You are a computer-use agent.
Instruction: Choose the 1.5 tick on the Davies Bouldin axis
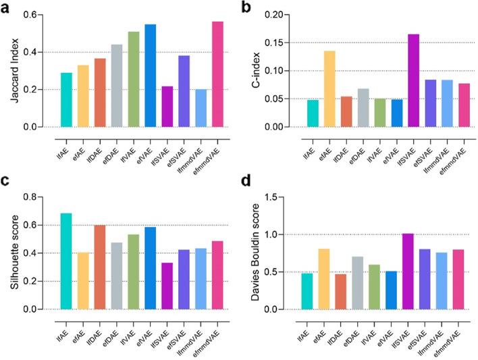click(288, 197)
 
